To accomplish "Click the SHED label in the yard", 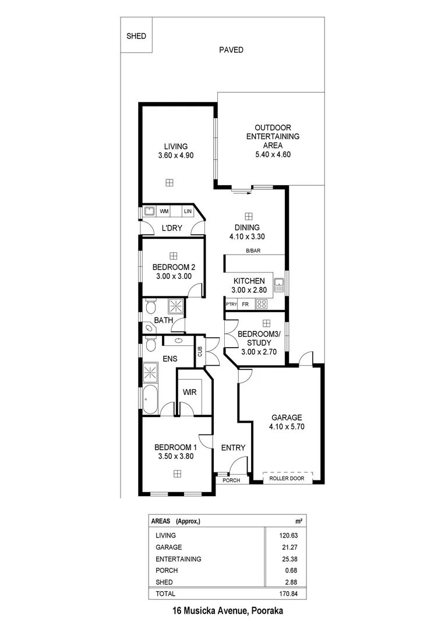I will [136, 36].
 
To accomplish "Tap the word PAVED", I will [231, 50].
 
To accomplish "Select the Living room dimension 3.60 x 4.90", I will [175, 156].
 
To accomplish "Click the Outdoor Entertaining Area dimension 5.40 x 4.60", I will [273, 154].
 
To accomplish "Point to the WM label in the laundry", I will [165, 211].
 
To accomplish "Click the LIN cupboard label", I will [188, 211].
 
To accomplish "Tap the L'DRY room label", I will [172, 228].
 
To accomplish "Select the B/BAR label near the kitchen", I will [254, 251].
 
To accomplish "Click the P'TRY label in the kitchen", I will [231, 304].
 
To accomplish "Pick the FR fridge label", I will [245, 304].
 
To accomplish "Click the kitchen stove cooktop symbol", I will [262, 303].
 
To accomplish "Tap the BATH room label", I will [163, 320].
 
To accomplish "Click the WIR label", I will [189, 393].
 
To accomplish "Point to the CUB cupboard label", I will [200, 352].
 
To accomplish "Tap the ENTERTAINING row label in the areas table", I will [178, 559].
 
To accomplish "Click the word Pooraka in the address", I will [267, 611].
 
